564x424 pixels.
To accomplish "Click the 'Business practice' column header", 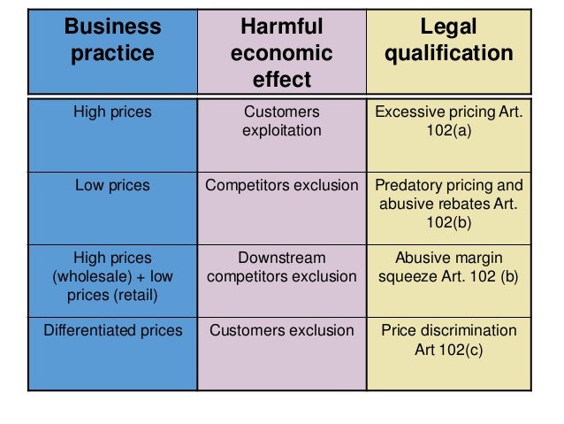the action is (x=112, y=40).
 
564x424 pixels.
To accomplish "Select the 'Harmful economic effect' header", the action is (x=281, y=53).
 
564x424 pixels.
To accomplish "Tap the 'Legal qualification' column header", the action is (x=450, y=40).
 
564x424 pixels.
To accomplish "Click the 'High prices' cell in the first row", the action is (x=112, y=112).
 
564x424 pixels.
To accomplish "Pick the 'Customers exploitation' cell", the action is (x=281, y=121).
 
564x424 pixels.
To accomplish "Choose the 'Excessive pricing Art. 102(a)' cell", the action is (x=450, y=121).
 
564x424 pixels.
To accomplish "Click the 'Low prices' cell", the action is (x=112, y=186).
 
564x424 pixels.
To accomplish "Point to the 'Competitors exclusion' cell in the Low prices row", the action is (x=281, y=186).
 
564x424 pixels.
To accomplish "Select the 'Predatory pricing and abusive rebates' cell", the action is (x=450, y=203).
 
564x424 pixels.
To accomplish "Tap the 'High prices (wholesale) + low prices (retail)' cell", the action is (x=112, y=276).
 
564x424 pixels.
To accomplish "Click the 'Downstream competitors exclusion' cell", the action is (x=281, y=267).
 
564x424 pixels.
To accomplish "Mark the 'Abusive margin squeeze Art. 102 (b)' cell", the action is (x=450, y=267).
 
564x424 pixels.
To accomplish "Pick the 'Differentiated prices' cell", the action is (x=112, y=331).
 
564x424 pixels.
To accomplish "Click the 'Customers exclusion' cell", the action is (x=281, y=331).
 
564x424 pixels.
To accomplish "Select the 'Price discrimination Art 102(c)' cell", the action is (x=450, y=340).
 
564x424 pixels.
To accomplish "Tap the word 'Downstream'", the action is (x=282, y=258).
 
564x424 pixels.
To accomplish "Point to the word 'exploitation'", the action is (x=282, y=131).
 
